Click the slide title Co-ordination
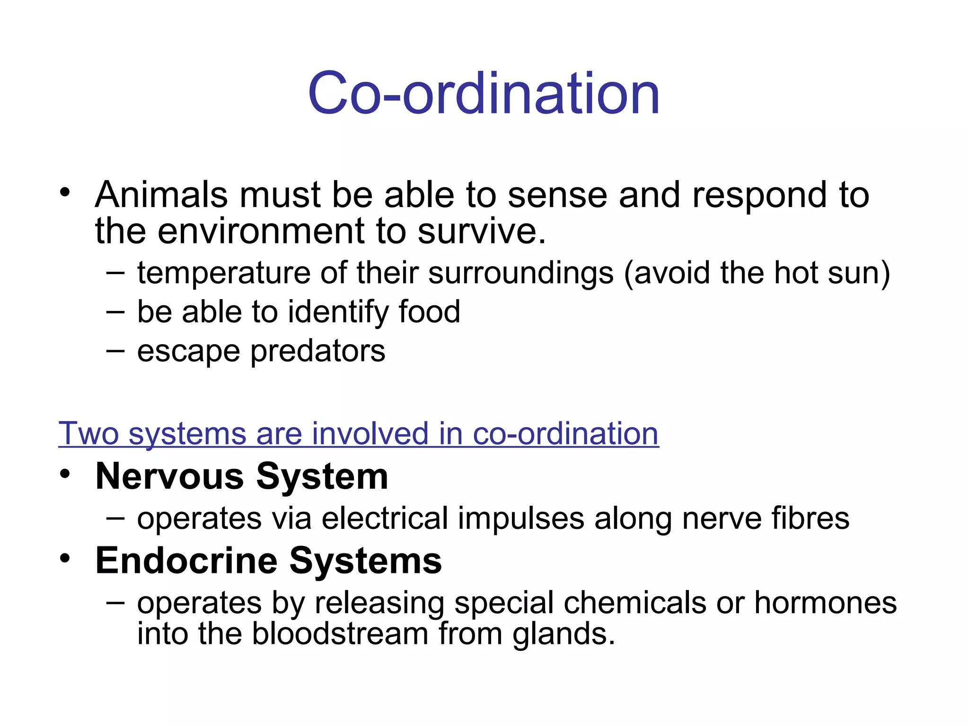(484, 93)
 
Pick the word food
(429, 311)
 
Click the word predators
(317, 351)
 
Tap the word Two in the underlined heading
(88, 433)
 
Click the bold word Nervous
(170, 476)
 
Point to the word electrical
(385, 519)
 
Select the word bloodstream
(340, 633)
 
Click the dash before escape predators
(115, 351)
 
